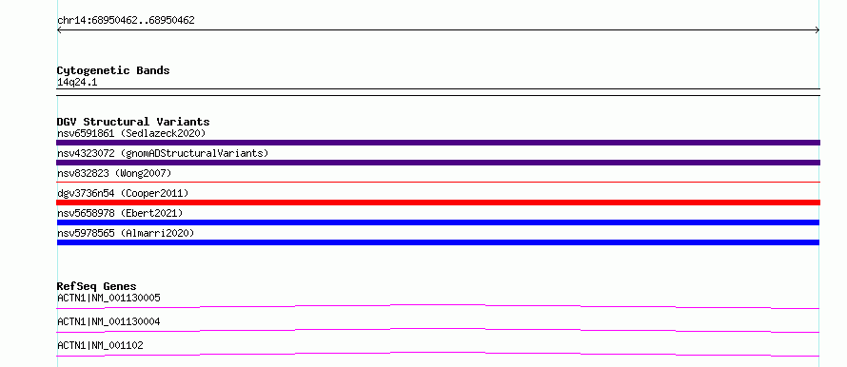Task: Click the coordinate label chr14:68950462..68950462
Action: click(x=126, y=21)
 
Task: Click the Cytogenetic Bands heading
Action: click(x=113, y=70)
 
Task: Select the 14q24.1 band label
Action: click(x=77, y=83)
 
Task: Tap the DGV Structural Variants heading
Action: click(x=133, y=122)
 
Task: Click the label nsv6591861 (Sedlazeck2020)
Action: click(x=131, y=133)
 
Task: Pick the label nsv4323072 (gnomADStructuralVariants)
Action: click(x=163, y=153)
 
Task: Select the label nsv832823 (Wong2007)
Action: click(x=114, y=173)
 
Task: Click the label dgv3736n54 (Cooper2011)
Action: click(x=123, y=193)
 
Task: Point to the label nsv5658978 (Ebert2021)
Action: click(x=120, y=213)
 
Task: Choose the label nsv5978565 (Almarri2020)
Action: click(x=126, y=233)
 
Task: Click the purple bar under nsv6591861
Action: click(x=438, y=143)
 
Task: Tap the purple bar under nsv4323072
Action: click(x=438, y=163)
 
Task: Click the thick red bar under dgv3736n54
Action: click(x=438, y=203)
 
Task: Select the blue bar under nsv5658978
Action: click(x=438, y=222)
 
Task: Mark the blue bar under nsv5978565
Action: click(x=438, y=242)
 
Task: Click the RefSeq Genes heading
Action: click(x=97, y=286)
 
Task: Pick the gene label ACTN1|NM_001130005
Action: click(x=108, y=298)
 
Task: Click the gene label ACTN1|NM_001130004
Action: click(x=108, y=321)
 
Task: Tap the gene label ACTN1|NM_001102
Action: click(x=100, y=345)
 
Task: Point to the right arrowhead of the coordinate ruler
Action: click(x=817, y=30)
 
